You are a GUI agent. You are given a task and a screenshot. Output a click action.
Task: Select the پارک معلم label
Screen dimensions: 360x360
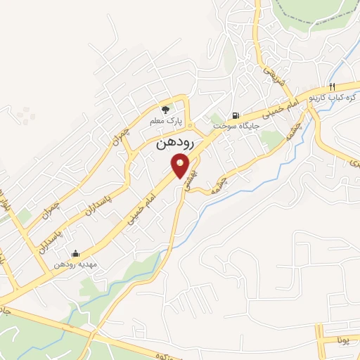pyautogui.click(x=165, y=122)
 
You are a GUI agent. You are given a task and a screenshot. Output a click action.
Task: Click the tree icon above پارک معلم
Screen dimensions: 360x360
pyautogui.click(x=165, y=109)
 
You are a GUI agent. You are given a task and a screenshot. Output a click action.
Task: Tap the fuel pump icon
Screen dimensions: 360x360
pyautogui.click(x=235, y=115)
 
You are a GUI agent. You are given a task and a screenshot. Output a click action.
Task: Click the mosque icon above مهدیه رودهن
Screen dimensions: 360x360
pyautogui.click(x=76, y=254)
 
